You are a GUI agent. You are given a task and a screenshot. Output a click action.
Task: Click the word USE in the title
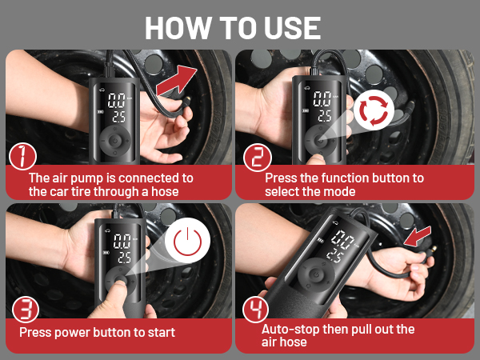[x=292, y=28]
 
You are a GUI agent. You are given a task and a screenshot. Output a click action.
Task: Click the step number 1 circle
[x=22, y=157]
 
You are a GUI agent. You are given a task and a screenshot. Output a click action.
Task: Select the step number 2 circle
[x=258, y=158]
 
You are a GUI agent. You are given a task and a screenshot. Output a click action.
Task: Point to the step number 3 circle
[x=26, y=309]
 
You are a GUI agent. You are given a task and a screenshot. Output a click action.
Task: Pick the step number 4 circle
[x=256, y=309]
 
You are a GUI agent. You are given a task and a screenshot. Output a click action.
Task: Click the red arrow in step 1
[x=176, y=80]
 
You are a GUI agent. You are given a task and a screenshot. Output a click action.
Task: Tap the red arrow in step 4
[x=418, y=236]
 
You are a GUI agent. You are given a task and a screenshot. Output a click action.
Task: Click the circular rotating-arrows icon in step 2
[x=374, y=110]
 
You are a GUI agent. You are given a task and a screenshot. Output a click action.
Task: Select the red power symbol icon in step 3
[x=188, y=241]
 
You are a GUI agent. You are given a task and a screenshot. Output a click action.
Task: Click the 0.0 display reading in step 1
[x=117, y=101]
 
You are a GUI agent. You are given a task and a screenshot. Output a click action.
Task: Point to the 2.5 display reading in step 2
[x=325, y=115]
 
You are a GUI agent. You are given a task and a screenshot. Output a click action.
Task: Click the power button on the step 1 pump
[x=115, y=141]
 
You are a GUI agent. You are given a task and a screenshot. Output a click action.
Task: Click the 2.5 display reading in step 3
[x=124, y=257]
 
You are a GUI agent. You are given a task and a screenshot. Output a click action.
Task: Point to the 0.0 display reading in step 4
[x=344, y=240]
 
